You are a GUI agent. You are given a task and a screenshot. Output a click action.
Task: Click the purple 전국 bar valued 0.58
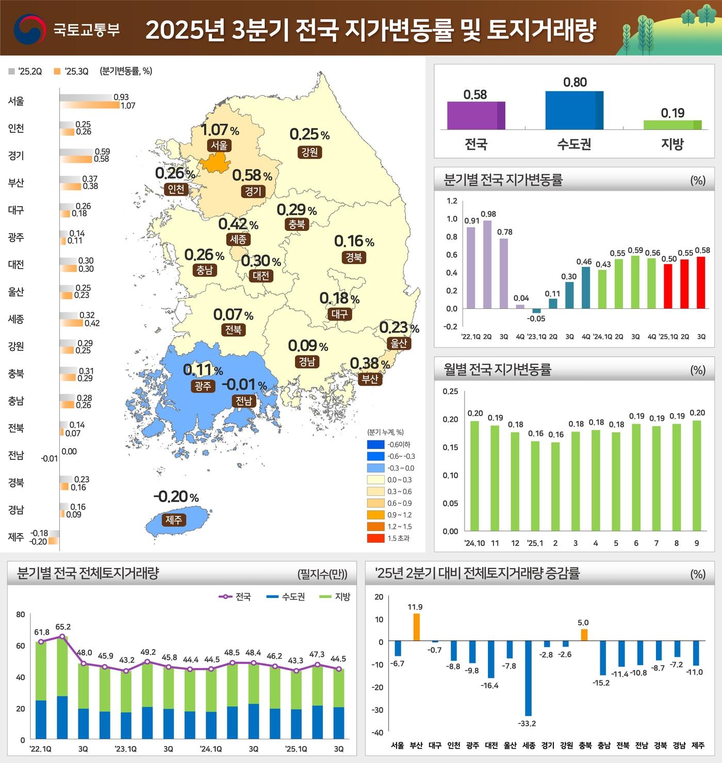(x=475, y=115)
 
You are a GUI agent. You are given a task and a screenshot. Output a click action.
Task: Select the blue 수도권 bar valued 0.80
(x=574, y=110)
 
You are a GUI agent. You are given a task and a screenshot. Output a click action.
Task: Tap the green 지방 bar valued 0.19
(x=672, y=125)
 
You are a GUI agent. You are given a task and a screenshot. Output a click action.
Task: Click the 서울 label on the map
(x=219, y=145)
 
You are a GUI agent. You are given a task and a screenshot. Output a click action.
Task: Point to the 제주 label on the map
(x=174, y=520)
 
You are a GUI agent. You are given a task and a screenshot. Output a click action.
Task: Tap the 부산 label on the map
(x=370, y=379)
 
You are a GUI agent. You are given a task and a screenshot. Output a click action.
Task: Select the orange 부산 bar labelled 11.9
(x=416, y=627)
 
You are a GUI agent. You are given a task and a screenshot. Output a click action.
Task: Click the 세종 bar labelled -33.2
(x=528, y=678)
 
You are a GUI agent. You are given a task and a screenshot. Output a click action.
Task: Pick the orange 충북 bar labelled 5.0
(x=584, y=635)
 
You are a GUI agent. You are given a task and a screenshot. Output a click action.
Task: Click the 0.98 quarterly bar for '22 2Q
(x=487, y=264)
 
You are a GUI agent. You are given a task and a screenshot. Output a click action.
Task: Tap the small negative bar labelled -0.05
(x=536, y=311)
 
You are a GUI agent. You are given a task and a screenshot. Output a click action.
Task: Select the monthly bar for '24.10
(x=474, y=476)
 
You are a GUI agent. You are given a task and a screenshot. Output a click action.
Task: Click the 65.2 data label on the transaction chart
(x=63, y=627)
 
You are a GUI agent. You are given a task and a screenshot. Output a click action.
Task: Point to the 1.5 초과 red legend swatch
(x=375, y=538)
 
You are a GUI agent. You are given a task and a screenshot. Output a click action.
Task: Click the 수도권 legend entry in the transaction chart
(x=286, y=596)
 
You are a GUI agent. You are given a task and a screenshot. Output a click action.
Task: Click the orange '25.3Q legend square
(x=57, y=71)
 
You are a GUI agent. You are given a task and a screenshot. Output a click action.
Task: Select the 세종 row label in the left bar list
(x=16, y=319)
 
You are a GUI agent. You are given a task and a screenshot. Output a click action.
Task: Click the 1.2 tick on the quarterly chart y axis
(x=452, y=201)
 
